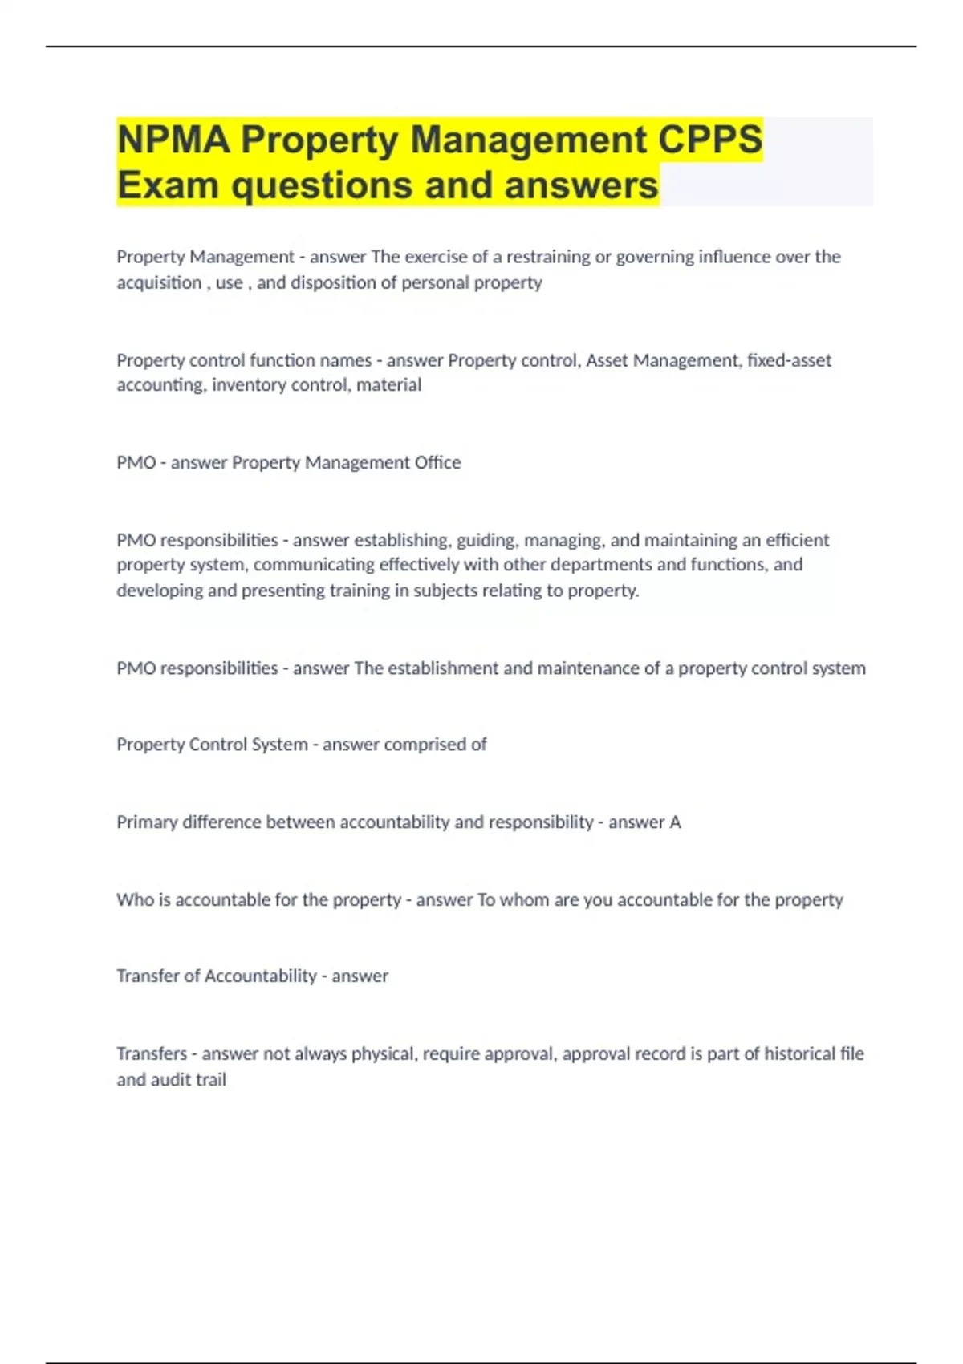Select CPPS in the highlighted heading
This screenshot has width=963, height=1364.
tap(710, 140)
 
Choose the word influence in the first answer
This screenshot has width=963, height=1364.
tap(734, 257)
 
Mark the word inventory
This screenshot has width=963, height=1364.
tap(246, 385)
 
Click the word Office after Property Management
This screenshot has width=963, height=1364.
tap(438, 462)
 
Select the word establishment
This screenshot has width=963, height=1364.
tap(443, 668)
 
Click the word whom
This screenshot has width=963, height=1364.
tap(524, 900)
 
